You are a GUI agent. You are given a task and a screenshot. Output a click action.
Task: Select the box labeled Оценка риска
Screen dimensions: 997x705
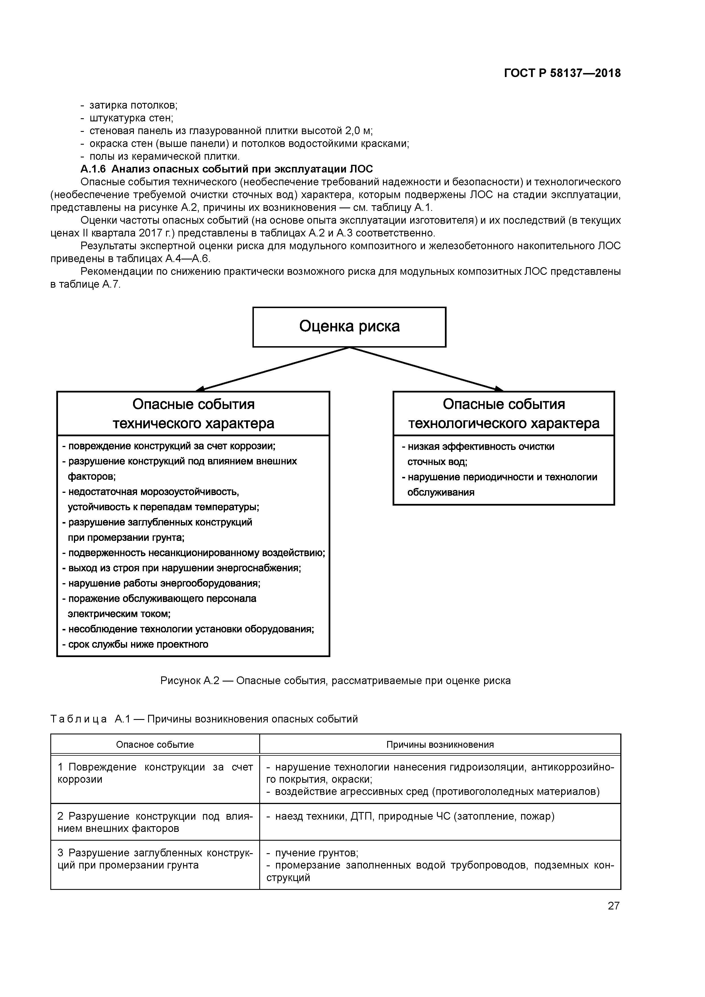pyautogui.click(x=349, y=327)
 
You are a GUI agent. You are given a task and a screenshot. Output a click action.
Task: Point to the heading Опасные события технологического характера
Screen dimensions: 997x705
pyautogui.click(x=503, y=414)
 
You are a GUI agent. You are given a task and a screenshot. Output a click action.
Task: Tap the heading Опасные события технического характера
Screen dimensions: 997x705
pyautogui.click(x=193, y=414)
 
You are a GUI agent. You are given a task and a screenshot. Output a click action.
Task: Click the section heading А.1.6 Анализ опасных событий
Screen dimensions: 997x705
pyautogui.click(x=227, y=169)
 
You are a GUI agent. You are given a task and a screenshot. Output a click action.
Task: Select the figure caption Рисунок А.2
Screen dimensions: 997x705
pyautogui.click(x=335, y=680)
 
